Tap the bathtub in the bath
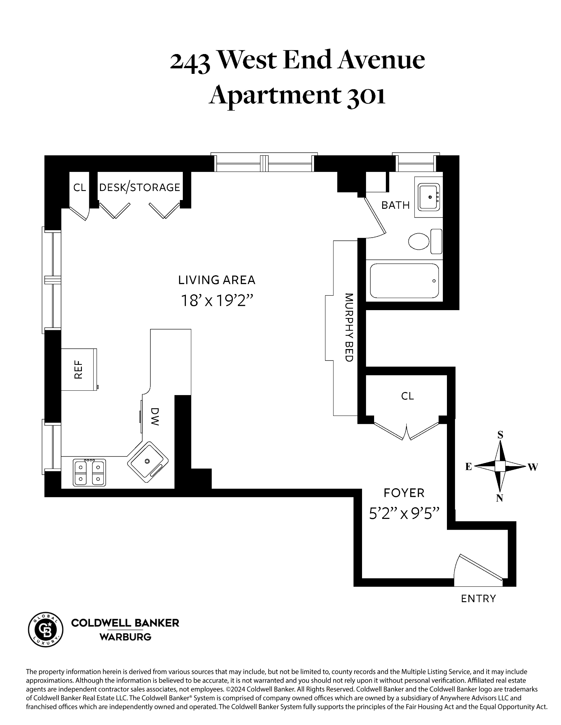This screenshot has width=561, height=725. point(404,281)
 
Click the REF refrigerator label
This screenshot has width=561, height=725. point(78,370)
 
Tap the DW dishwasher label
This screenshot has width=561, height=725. point(154,417)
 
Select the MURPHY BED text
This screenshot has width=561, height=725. point(349,328)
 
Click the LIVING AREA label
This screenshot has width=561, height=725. point(217,280)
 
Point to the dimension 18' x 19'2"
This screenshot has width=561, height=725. point(217,301)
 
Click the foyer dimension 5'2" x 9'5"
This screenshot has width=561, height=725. point(404,514)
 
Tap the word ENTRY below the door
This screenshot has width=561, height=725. point(478,598)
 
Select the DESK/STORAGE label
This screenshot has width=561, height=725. point(140,187)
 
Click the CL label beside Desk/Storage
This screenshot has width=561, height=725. point(80,187)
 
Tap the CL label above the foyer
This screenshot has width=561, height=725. point(407,396)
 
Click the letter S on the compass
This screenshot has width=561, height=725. point(500,435)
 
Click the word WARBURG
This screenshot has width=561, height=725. point(125,637)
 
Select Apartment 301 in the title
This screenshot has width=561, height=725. point(297,96)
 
